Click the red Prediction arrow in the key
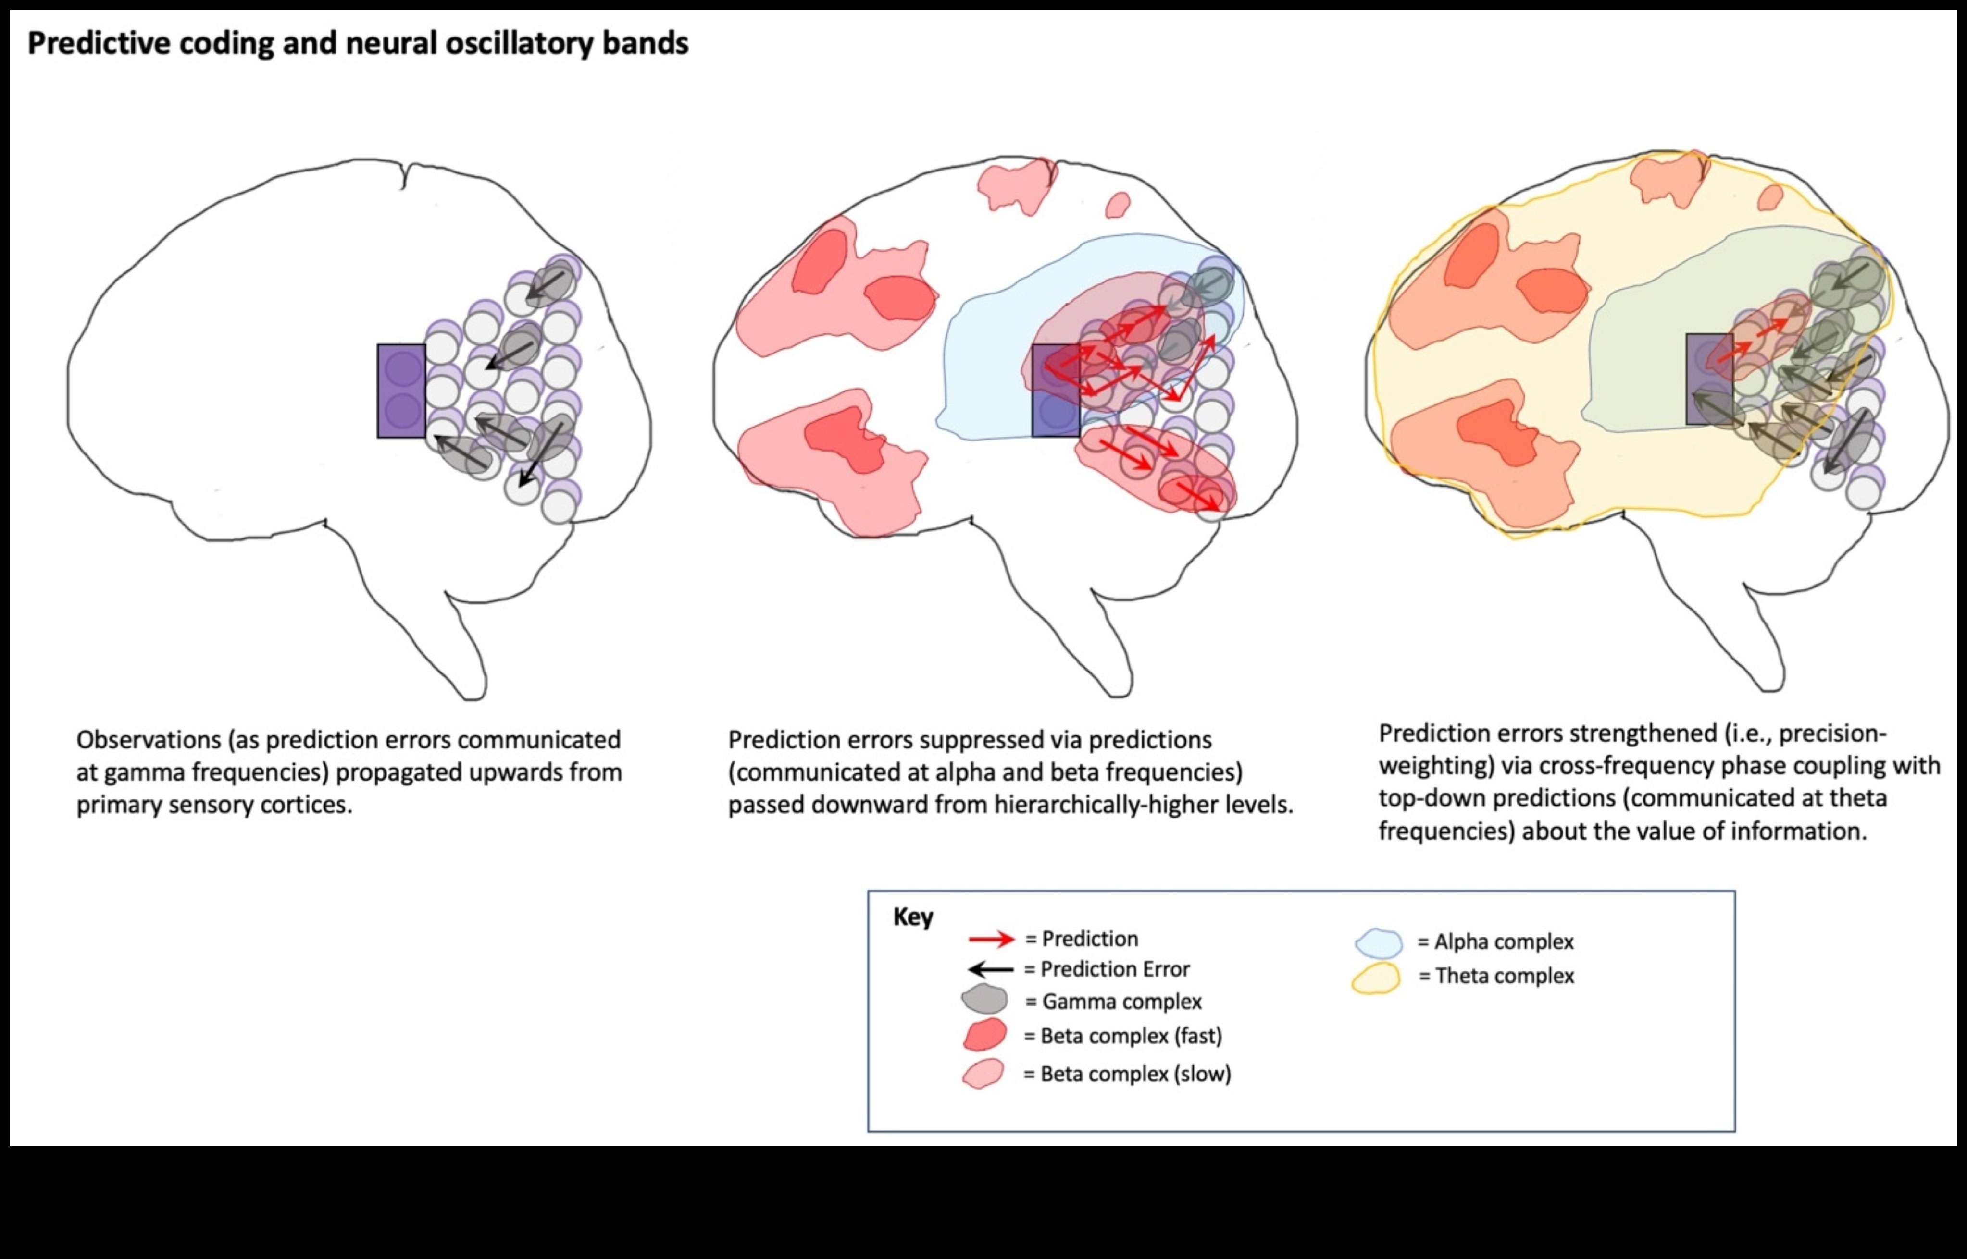pos(990,939)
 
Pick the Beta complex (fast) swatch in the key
pos(985,1035)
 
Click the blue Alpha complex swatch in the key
pos(1378,942)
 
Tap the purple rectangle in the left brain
pos(401,391)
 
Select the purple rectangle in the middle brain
pos(1055,391)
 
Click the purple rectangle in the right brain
pos(1708,379)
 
